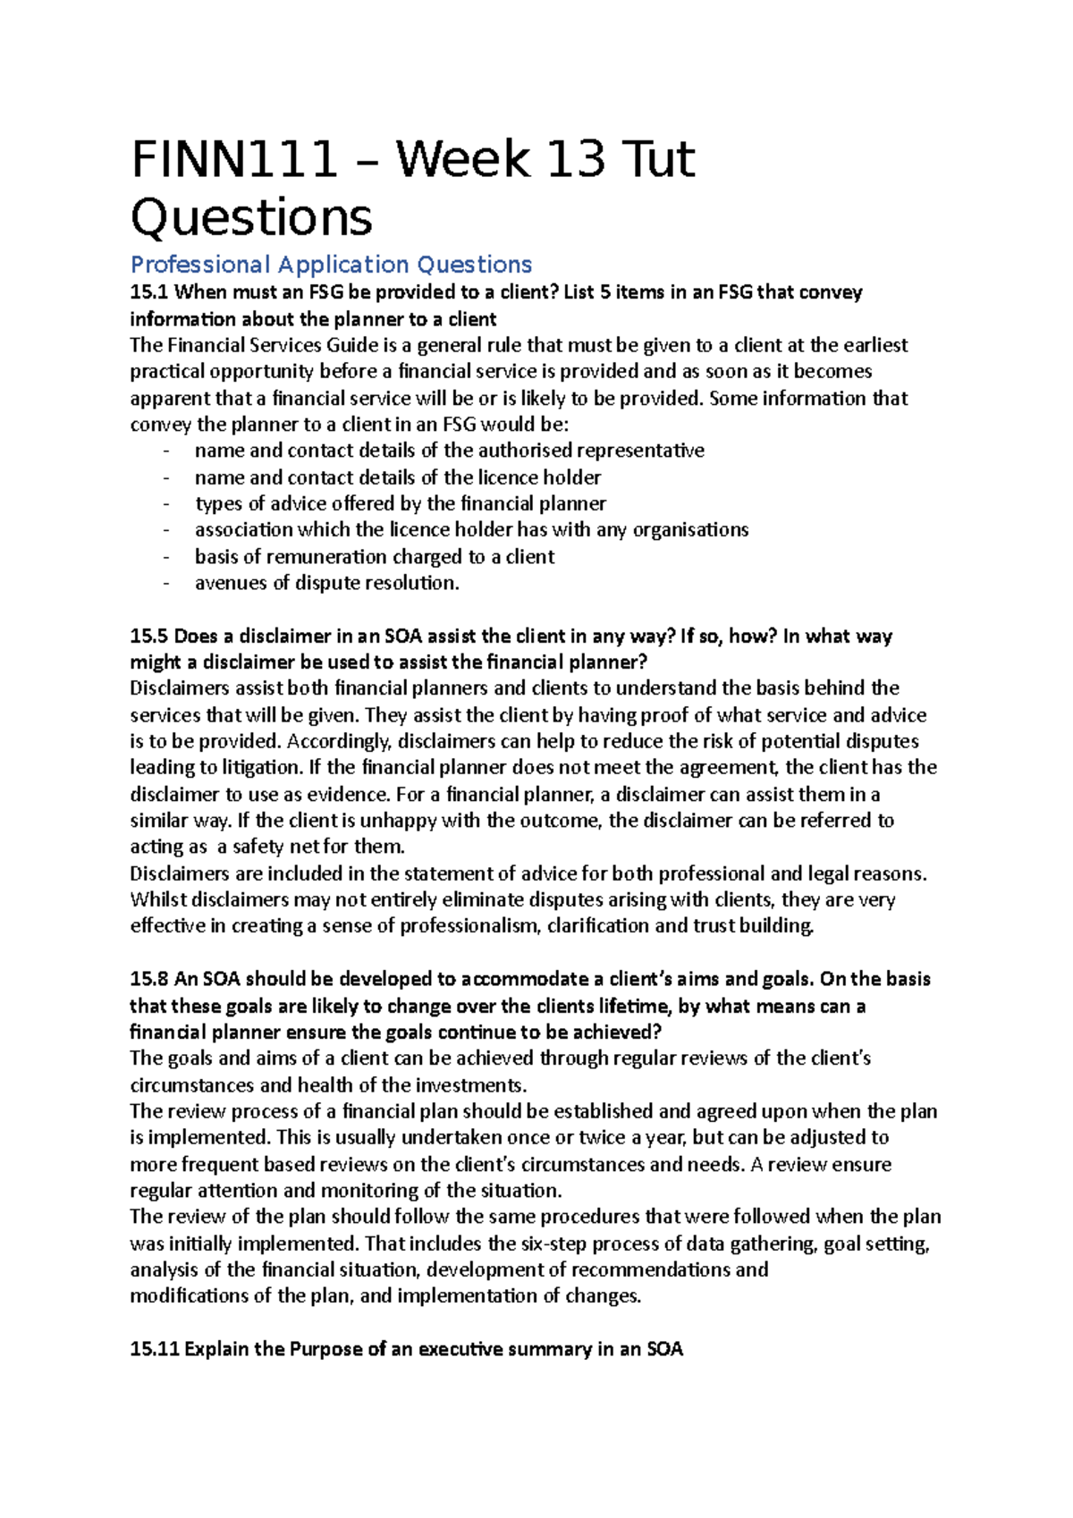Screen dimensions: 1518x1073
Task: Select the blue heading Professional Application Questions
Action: coord(331,265)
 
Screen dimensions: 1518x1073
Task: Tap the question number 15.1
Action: coord(148,292)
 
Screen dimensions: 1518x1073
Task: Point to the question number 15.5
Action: coord(148,636)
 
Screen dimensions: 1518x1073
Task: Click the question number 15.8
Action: coord(148,979)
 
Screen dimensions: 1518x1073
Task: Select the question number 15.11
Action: coord(154,1349)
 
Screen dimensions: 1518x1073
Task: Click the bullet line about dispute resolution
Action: coord(326,583)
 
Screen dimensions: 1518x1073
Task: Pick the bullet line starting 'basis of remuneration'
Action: coord(374,556)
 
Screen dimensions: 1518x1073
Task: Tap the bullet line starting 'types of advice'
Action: coord(400,503)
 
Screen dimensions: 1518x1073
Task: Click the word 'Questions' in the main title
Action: coord(251,217)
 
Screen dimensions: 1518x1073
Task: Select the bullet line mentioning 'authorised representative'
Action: coord(449,451)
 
